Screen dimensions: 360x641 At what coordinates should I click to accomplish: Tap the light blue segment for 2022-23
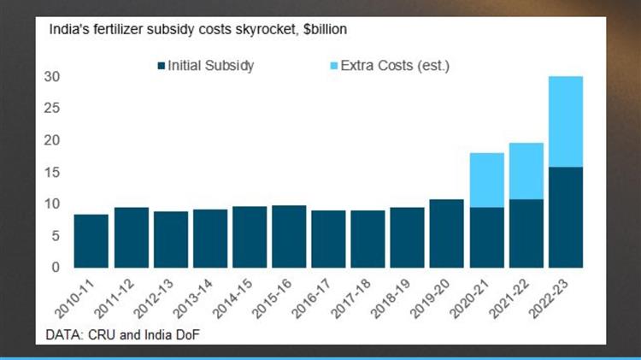[565, 121]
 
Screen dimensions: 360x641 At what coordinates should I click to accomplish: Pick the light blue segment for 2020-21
[486, 180]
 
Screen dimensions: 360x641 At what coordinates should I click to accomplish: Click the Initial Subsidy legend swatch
[162, 66]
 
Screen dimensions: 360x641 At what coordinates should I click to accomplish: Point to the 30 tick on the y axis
[52, 77]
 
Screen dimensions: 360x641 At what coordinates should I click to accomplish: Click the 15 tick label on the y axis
[52, 172]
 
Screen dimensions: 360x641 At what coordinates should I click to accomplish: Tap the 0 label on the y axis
[56, 267]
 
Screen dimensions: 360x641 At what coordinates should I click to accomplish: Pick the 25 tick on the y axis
[52, 109]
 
